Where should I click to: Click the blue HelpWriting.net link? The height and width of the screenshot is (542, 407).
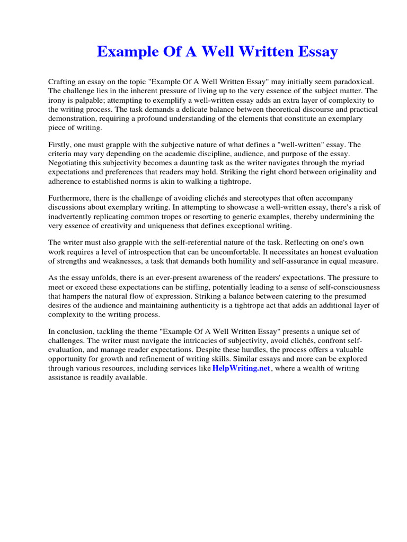pyautogui.click(x=241, y=368)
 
